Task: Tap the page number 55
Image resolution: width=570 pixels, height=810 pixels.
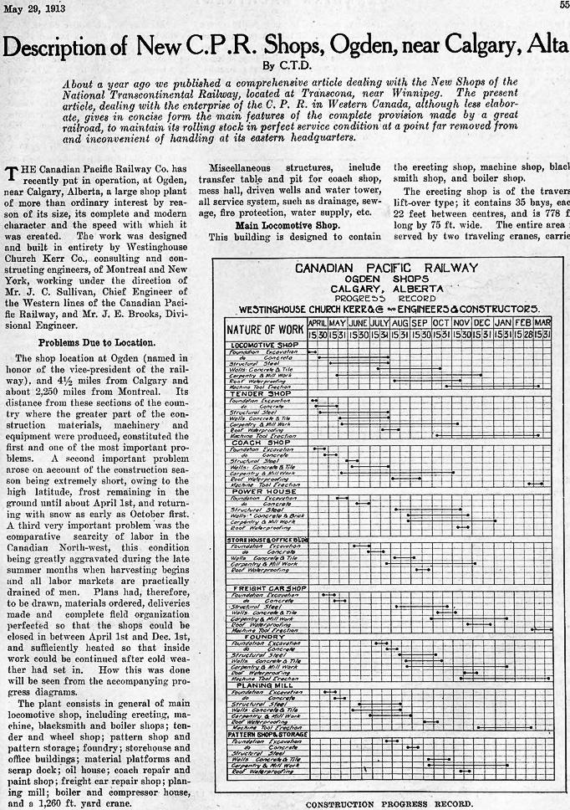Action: (x=564, y=8)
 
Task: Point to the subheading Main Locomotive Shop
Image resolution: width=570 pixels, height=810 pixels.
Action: (x=276, y=225)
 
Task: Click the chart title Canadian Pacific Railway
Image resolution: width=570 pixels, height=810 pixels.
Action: (x=386, y=269)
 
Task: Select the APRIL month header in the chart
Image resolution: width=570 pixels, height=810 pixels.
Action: (x=317, y=322)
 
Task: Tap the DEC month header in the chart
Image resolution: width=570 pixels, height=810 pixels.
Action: (x=481, y=322)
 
